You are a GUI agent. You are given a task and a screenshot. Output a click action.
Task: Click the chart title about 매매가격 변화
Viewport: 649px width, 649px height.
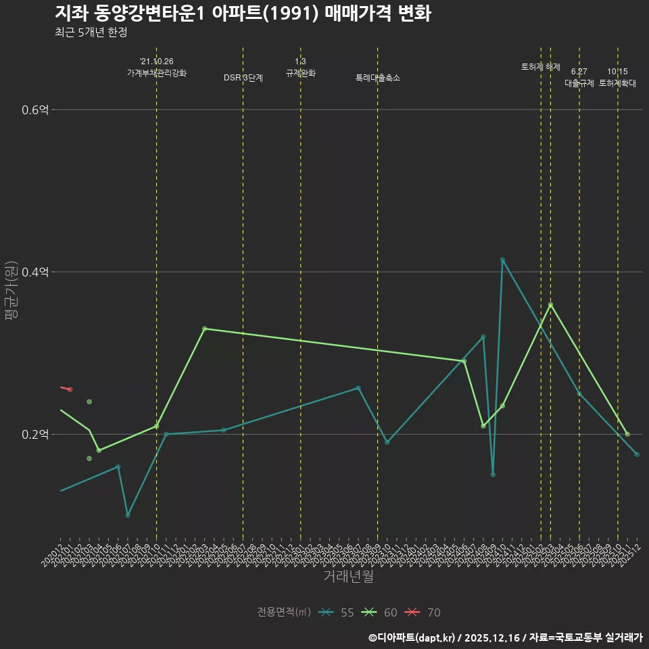[243, 14]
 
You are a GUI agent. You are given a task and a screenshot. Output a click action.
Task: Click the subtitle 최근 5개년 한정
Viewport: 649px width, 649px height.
[91, 32]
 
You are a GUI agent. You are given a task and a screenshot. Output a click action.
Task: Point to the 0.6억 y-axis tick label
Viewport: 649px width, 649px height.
[35, 110]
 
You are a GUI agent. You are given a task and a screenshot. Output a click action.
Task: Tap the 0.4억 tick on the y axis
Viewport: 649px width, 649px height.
[35, 272]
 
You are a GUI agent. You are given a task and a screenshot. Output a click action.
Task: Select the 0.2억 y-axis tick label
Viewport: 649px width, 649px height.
[35, 434]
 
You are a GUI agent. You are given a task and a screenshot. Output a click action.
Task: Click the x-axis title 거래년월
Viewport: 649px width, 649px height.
[348, 577]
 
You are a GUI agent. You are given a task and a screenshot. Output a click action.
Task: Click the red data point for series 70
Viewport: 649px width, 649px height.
[70, 389]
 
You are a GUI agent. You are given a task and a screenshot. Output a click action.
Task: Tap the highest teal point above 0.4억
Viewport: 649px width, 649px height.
[502, 260]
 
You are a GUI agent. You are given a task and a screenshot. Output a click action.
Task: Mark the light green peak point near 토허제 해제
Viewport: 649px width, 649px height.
[550, 305]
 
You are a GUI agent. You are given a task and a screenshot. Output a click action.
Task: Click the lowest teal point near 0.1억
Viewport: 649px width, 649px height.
[128, 515]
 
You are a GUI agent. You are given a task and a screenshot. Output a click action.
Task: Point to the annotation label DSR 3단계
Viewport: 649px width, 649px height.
[243, 78]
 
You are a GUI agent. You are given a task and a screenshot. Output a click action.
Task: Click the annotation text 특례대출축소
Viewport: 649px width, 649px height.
[378, 78]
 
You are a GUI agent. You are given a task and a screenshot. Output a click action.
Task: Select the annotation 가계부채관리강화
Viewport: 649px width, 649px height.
[157, 72]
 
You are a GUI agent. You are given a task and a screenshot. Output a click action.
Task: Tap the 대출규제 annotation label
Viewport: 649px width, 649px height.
[579, 83]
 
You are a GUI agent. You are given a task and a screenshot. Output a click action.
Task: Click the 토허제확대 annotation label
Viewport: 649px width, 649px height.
[617, 83]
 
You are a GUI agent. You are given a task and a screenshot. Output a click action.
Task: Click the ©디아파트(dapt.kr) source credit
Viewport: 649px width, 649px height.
[413, 637]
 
